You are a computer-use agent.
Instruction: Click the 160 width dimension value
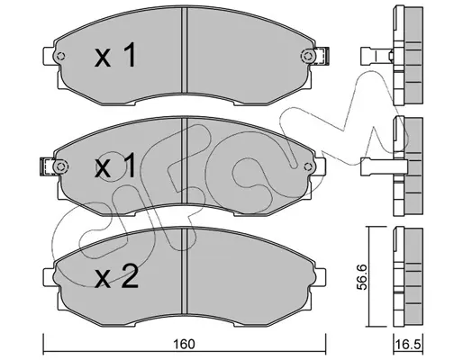pyautogui.click(x=185, y=344)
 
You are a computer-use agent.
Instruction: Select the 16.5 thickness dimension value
pyautogui.click(x=408, y=345)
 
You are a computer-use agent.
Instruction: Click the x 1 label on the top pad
pyautogui.click(x=115, y=55)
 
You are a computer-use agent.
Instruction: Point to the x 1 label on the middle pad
pyautogui.click(x=115, y=166)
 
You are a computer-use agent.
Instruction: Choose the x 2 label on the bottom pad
pyautogui.click(x=116, y=276)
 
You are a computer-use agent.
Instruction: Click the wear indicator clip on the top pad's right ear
pyautogui.click(x=322, y=56)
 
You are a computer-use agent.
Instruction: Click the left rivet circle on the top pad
pyautogui.click(x=61, y=56)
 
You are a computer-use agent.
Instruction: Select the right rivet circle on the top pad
pyautogui.click(x=307, y=56)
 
